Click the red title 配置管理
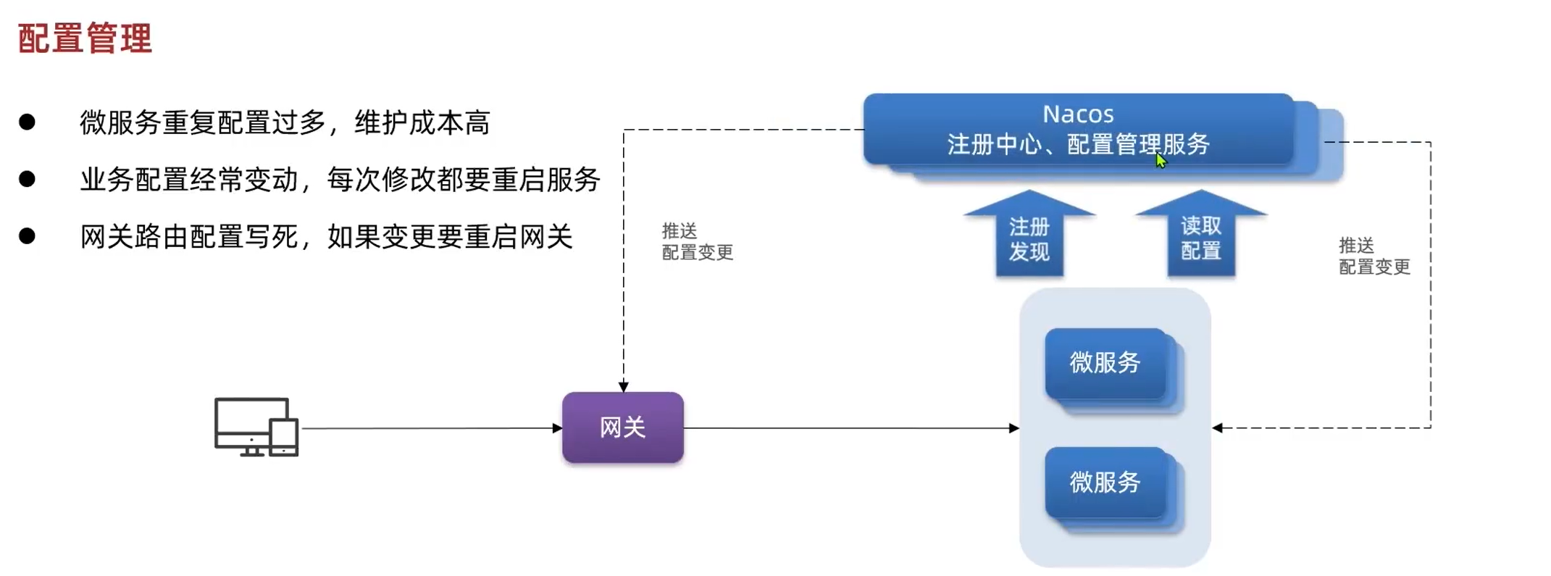click(x=85, y=38)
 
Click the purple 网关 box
click(x=623, y=427)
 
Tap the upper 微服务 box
click(x=1105, y=362)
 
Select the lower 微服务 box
click(x=1105, y=482)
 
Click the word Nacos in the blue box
click(x=1078, y=114)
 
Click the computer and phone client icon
click(x=256, y=427)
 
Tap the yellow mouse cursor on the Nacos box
click(x=1161, y=160)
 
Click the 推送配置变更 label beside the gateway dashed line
click(x=697, y=242)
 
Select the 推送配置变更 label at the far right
click(x=1374, y=256)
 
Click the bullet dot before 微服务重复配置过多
click(x=28, y=122)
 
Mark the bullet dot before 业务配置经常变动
click(x=28, y=179)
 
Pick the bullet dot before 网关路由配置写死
click(x=28, y=236)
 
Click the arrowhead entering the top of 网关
click(x=624, y=387)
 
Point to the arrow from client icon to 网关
click(x=431, y=428)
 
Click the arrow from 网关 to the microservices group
click(x=851, y=428)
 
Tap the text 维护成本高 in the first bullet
click(x=422, y=123)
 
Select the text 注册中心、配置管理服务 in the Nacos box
click(x=1078, y=145)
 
